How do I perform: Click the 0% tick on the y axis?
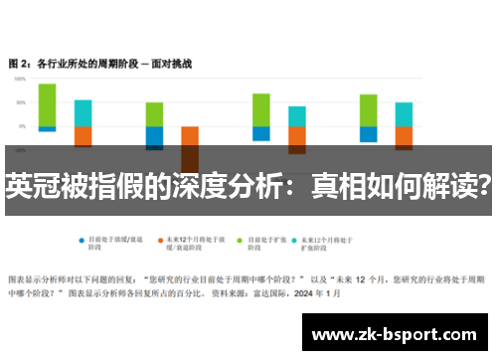click(22, 127)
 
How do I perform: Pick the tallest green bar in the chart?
click(47, 105)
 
